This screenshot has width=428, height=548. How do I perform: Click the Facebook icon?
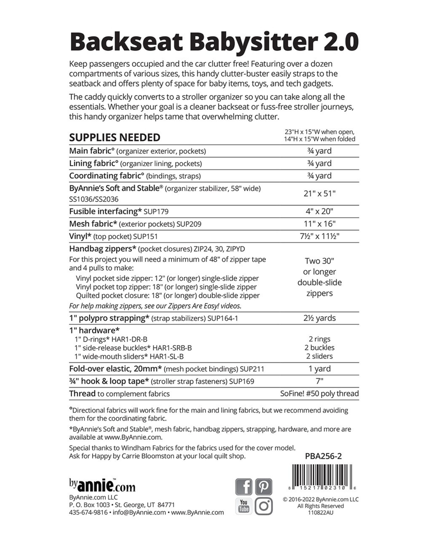pos(243,487)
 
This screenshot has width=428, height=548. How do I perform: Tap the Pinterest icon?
pos(264,487)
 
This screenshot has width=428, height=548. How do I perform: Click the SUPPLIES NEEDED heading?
pos(114,138)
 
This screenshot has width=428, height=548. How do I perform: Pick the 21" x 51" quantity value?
pos(319,193)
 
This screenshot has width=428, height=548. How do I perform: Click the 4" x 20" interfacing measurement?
pos(319,211)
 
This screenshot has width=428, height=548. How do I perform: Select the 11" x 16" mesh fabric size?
pos(319,224)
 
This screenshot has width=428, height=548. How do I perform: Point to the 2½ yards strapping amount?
pos(319,318)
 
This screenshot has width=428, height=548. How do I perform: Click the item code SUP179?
pos(156,212)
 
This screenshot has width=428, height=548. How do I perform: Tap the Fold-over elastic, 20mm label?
pos(115,369)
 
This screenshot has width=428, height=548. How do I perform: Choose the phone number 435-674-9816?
pos(88,512)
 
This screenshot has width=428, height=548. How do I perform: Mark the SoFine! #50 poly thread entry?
pos(319,393)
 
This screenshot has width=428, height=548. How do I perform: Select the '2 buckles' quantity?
pos(319,348)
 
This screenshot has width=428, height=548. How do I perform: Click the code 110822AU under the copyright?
pos(320,513)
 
